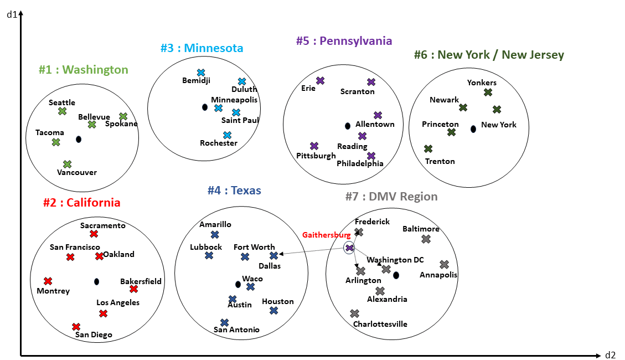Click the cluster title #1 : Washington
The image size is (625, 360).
[x=83, y=70]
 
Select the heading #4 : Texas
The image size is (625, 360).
[x=234, y=191]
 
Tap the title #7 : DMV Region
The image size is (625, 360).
[x=391, y=197]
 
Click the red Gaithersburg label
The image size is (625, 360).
[x=326, y=235]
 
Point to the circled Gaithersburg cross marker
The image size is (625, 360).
[x=349, y=248]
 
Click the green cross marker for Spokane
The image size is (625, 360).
[x=123, y=116]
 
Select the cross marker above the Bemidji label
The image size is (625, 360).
[x=201, y=73]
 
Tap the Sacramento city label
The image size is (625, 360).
[x=103, y=225]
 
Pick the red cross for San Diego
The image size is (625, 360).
[x=76, y=327]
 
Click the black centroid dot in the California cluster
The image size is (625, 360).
[x=97, y=281]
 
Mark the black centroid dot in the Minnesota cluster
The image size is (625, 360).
[x=204, y=107]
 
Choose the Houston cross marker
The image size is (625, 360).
[x=273, y=311]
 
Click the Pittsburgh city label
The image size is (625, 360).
[x=316, y=156]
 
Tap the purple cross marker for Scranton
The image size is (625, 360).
[x=371, y=82]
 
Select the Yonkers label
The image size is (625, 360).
[x=482, y=83]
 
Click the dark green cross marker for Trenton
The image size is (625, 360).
[x=428, y=148]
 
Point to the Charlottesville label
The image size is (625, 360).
[x=380, y=324]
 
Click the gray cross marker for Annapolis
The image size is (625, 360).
[x=444, y=265]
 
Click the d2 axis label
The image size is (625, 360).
[x=610, y=355]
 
